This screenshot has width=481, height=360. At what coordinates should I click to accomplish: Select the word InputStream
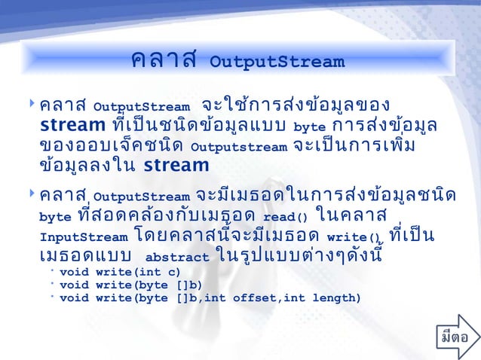83,236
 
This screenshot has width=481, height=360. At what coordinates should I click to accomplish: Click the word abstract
176,257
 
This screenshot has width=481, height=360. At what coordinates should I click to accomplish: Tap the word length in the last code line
332,298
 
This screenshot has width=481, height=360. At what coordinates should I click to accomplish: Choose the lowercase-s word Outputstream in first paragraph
239,146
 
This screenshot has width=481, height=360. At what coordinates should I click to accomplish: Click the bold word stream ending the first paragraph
176,164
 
